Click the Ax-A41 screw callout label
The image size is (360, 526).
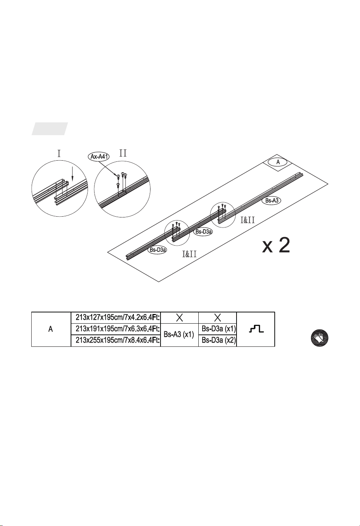[99, 157]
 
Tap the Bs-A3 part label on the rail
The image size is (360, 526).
[272, 200]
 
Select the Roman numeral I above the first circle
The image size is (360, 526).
[59, 154]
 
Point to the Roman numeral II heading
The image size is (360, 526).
[123, 153]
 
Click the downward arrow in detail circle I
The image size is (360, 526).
[73, 174]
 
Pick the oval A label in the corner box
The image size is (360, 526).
[278, 162]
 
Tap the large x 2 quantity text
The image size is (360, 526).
[276, 245]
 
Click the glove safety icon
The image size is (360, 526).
[319, 338]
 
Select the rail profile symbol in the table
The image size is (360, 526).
[256, 329]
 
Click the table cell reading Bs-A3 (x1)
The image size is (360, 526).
[179, 334]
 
